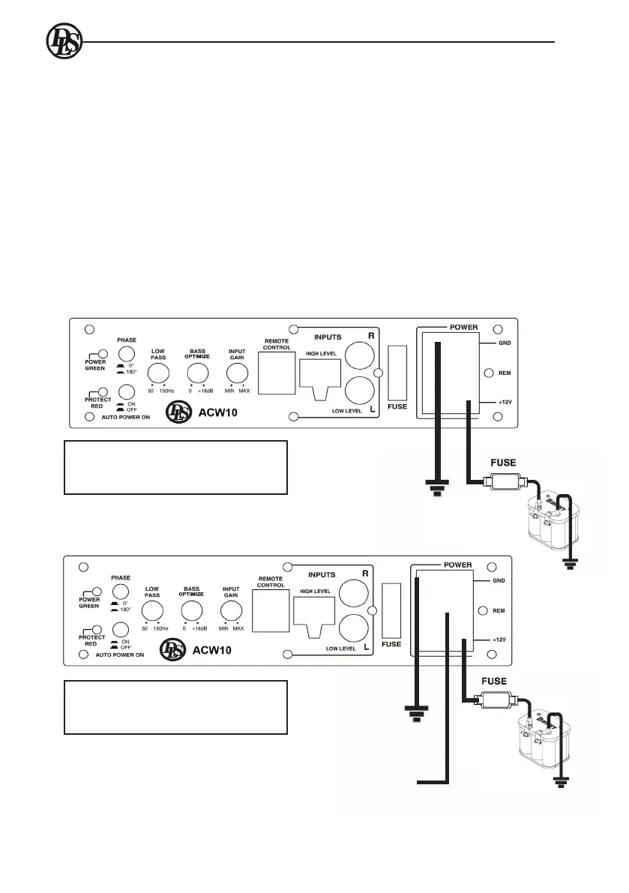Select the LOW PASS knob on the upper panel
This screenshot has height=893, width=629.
(x=158, y=375)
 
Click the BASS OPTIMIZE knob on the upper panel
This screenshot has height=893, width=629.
(x=197, y=374)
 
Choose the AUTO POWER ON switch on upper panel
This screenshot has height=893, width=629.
(x=126, y=391)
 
